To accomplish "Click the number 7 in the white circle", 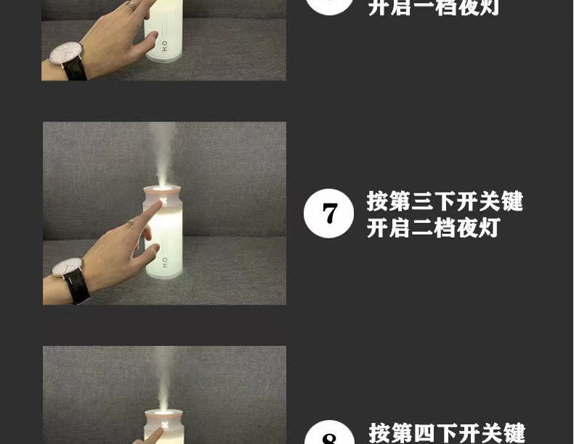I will (x=328, y=213).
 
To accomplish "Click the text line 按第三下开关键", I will (x=445, y=201).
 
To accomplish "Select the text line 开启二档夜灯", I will (x=433, y=228).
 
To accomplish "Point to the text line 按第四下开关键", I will (x=447, y=433).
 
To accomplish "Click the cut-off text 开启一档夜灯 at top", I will (x=433, y=8).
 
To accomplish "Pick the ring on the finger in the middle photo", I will (x=132, y=222).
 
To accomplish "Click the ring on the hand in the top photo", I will (x=132, y=4).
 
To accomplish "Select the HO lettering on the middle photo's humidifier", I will (x=165, y=262).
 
